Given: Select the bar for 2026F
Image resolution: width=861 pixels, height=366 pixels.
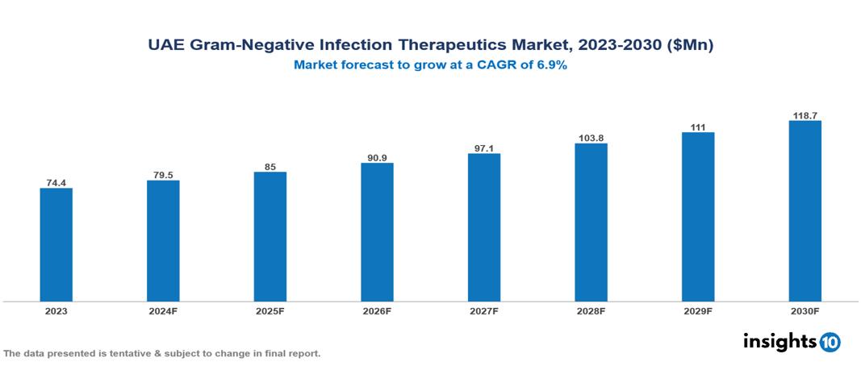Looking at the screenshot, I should (377, 232).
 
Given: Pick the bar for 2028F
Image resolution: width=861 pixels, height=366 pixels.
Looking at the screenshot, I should (591, 223).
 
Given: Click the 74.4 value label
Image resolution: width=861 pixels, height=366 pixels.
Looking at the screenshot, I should (56, 182).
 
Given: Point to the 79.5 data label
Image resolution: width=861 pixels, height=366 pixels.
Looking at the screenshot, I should (163, 174).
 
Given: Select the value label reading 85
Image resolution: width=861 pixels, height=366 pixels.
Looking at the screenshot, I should (270, 166).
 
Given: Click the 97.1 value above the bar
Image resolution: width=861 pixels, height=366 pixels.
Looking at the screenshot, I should (484, 148).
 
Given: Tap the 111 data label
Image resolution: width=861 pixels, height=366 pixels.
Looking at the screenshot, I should (698, 127).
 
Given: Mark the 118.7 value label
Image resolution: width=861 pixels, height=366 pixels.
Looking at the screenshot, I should (805, 115).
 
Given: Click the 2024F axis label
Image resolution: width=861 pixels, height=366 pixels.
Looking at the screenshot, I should (163, 311).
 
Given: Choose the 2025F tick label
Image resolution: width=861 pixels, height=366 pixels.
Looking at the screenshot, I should (270, 311).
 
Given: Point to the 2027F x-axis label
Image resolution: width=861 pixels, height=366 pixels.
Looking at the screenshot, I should (484, 311).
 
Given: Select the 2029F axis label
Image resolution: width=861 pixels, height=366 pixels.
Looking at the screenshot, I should (698, 311).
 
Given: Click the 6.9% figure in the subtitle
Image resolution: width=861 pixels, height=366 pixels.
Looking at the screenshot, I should (550, 65).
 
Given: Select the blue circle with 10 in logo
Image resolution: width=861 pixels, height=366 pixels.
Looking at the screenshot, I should (830, 342).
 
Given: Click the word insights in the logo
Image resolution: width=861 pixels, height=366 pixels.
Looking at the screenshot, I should (779, 341).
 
